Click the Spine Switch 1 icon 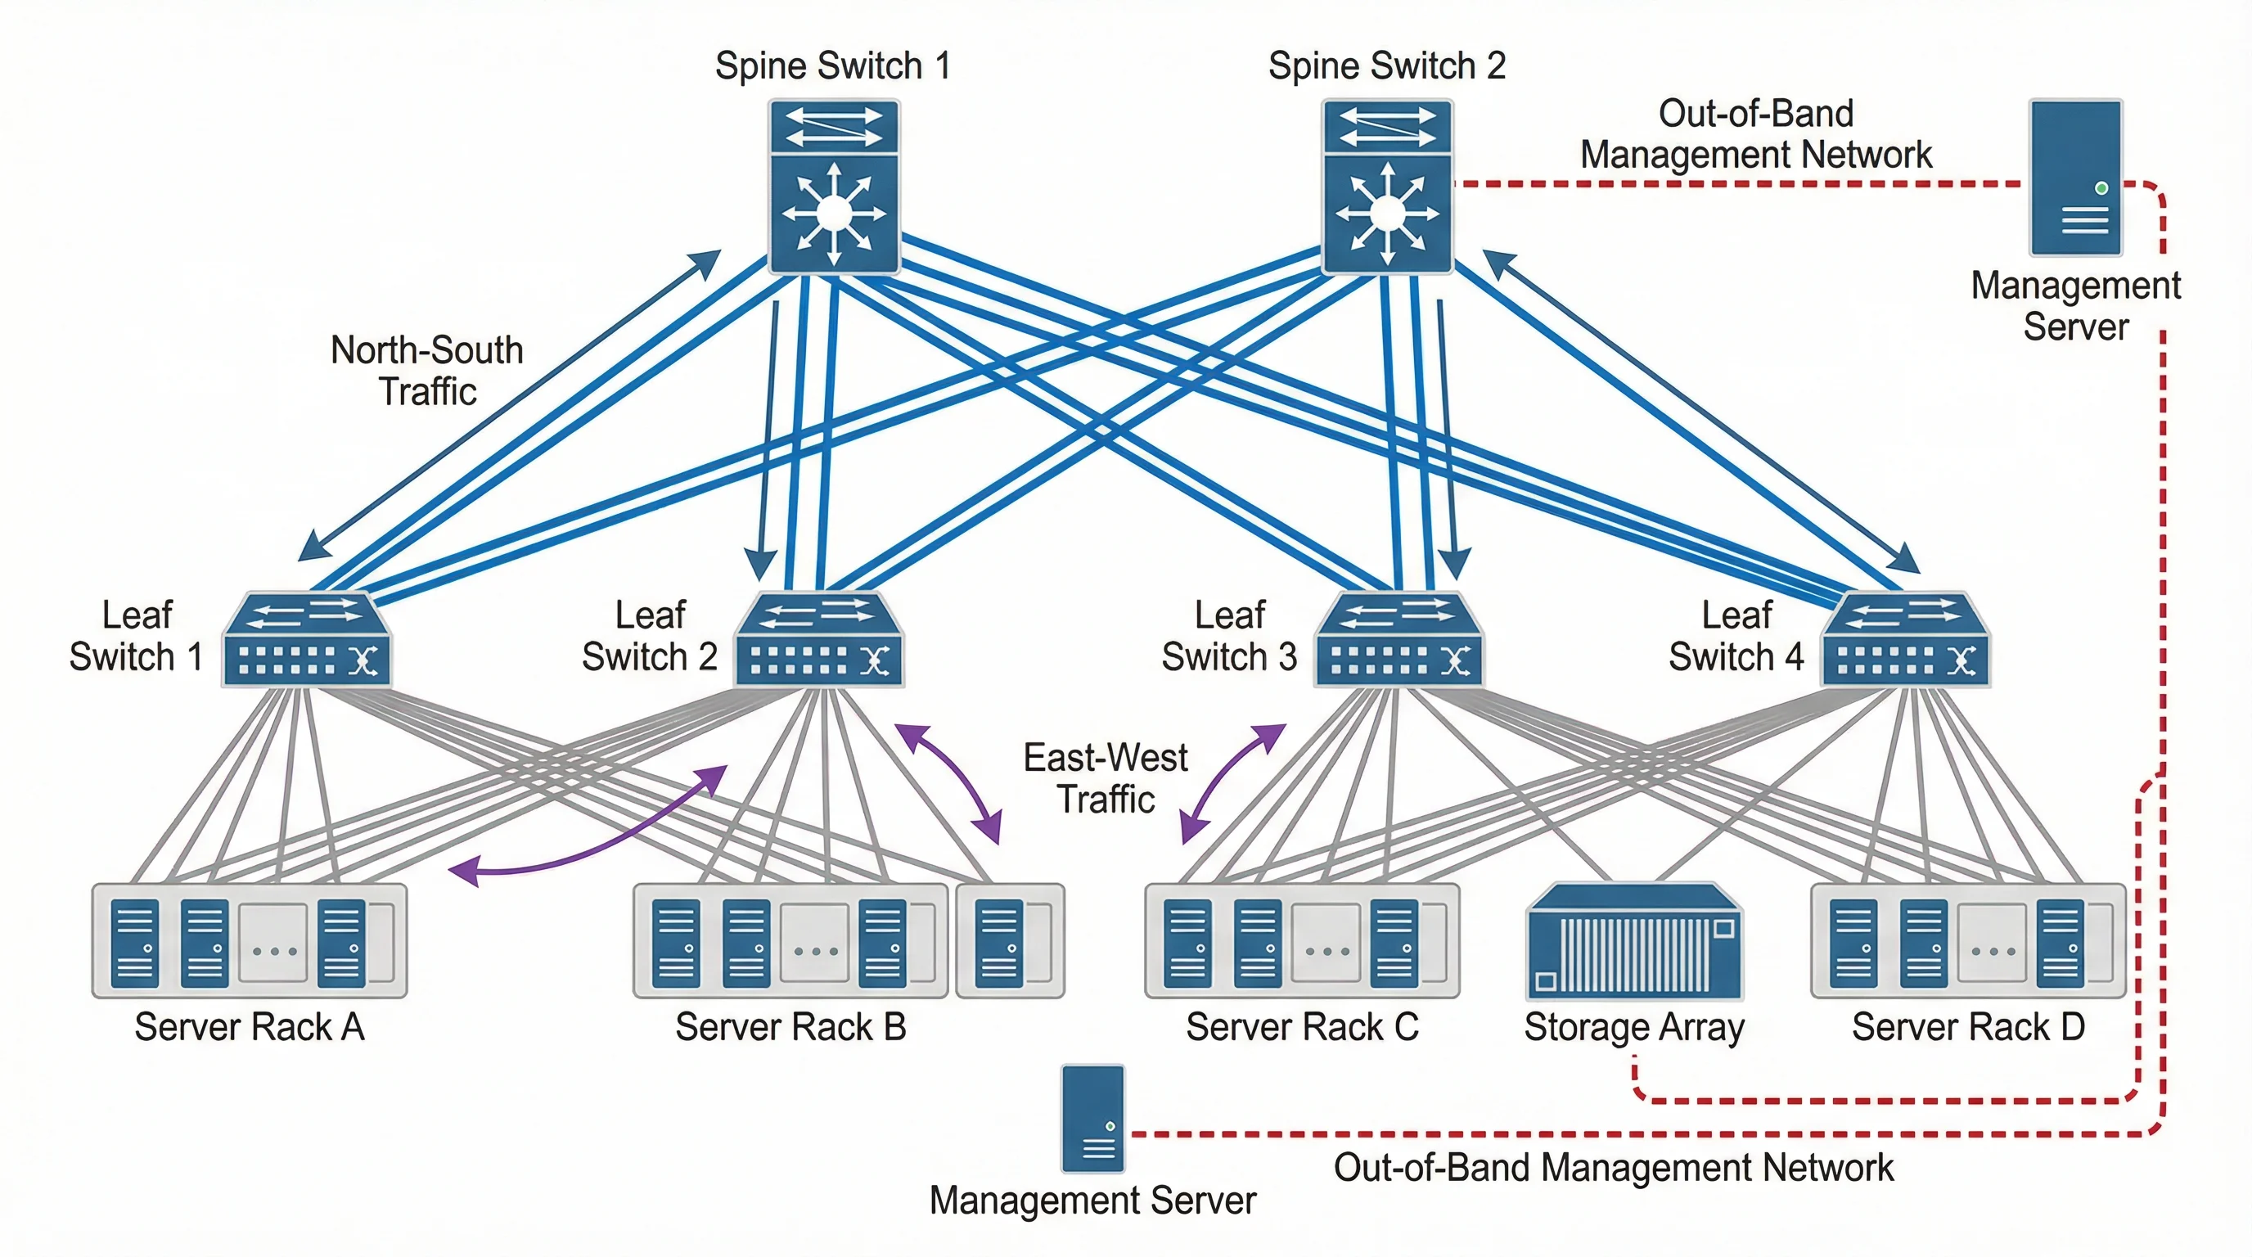pyautogui.click(x=834, y=187)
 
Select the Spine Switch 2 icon pyautogui.click(x=1387, y=187)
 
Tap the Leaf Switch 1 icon pyautogui.click(x=305, y=640)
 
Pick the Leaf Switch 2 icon pyautogui.click(x=818, y=640)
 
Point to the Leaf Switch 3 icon pyautogui.click(x=1398, y=640)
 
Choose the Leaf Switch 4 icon pyautogui.click(x=1906, y=640)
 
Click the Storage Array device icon pyautogui.click(x=1634, y=941)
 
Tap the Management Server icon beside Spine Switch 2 pyautogui.click(x=2075, y=178)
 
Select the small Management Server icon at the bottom pyautogui.click(x=1092, y=1118)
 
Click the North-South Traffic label pyautogui.click(x=426, y=371)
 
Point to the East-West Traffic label pyautogui.click(x=1105, y=778)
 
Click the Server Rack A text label pyautogui.click(x=249, y=1027)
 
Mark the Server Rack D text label pyautogui.click(x=1968, y=1027)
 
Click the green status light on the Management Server pyautogui.click(x=2101, y=188)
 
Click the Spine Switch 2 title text pyautogui.click(x=1386, y=65)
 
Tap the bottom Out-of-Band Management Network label pyautogui.click(x=1613, y=1168)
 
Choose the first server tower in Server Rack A pyautogui.click(x=136, y=944)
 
